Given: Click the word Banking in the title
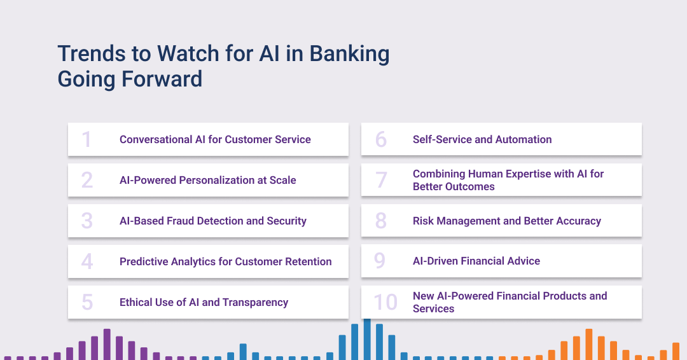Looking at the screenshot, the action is click(x=349, y=54).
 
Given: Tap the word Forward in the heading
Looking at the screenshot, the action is click(x=162, y=79).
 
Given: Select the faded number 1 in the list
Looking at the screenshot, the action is click(x=87, y=139).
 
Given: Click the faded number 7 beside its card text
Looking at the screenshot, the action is click(x=381, y=179).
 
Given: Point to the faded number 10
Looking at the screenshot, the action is click(x=385, y=302).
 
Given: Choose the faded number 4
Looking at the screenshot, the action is click(x=87, y=261).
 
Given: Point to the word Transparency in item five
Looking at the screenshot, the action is click(x=256, y=303).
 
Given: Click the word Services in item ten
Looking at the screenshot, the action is click(x=433, y=308).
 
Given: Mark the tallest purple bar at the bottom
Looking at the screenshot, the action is click(x=107, y=344).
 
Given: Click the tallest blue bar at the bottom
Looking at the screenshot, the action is click(x=367, y=340).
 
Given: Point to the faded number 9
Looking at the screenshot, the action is click(x=380, y=261).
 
